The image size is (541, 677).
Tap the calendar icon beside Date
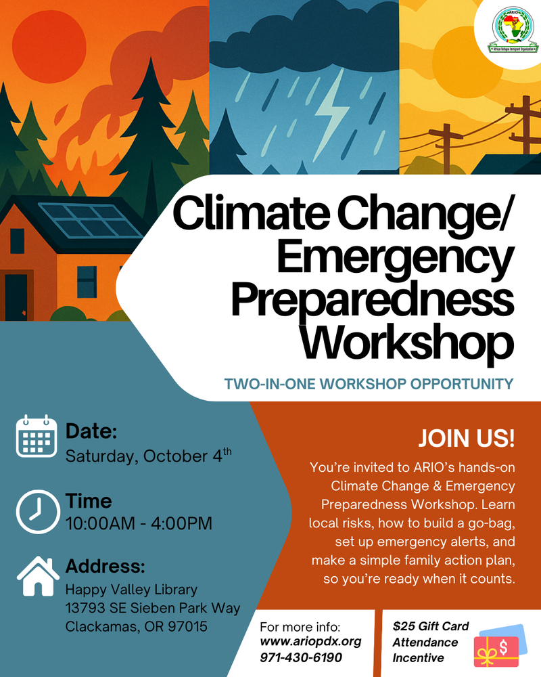point(33,437)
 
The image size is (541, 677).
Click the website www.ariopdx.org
point(310,641)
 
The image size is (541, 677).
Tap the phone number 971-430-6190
point(301,657)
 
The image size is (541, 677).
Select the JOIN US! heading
point(467,437)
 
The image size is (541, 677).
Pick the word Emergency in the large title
point(395,257)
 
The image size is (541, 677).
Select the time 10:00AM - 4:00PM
point(139,523)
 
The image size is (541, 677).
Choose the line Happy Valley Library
point(131,590)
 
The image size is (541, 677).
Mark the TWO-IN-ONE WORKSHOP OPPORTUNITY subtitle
point(369,385)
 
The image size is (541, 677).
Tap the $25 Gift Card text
point(431,626)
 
